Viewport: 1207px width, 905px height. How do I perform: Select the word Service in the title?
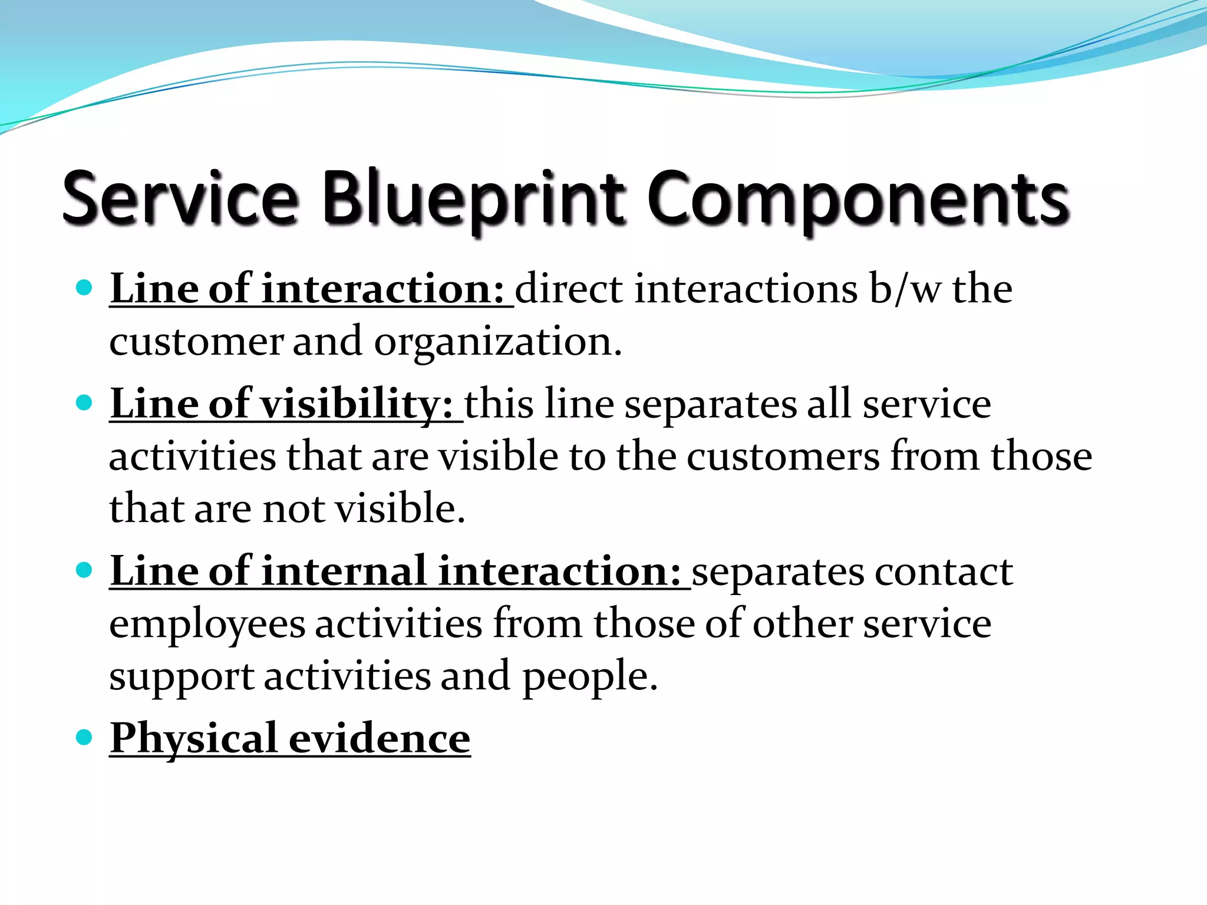point(180,199)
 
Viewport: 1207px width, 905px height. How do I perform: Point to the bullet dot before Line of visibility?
point(85,403)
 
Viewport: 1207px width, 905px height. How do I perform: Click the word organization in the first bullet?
point(498,342)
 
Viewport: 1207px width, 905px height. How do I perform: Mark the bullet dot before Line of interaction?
point(85,288)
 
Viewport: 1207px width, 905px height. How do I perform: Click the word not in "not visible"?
point(293,509)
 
